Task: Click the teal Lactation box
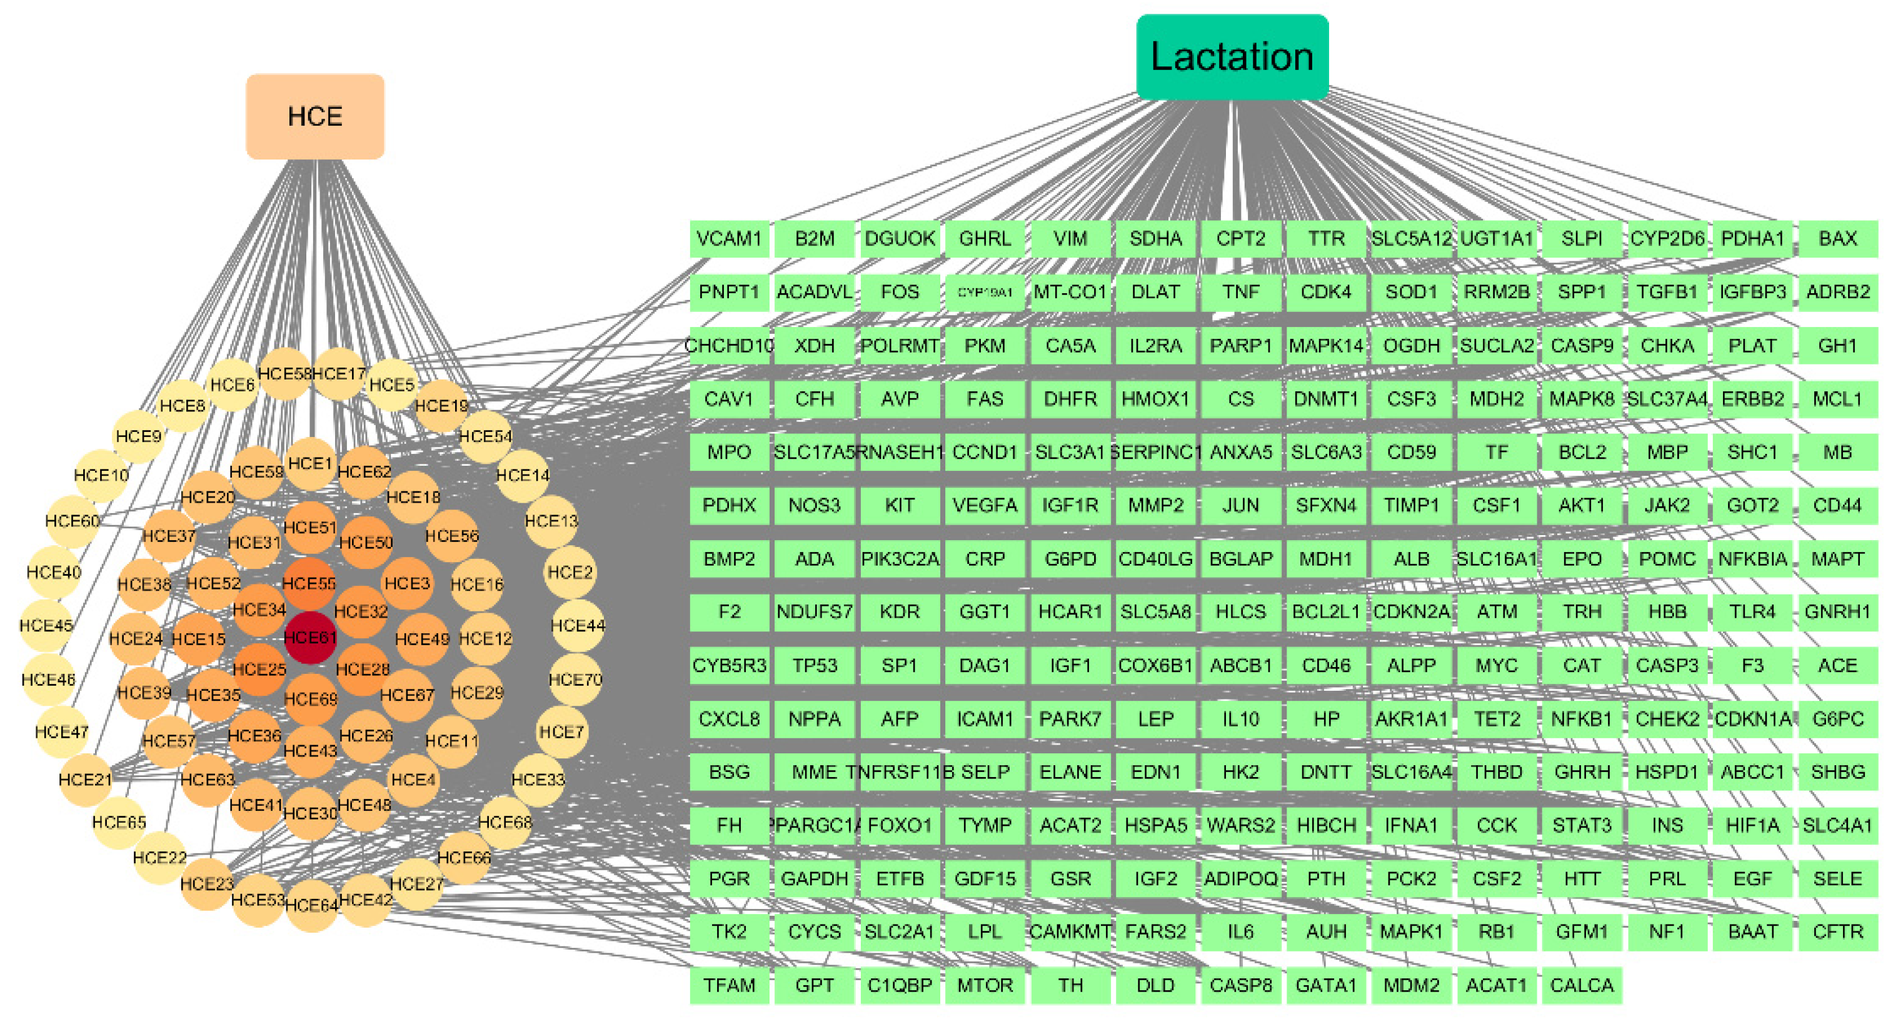pyautogui.click(x=1232, y=56)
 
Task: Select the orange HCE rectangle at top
pyautogui.click(x=314, y=116)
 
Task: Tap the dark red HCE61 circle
pyautogui.click(x=310, y=637)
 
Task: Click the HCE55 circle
pyautogui.click(x=309, y=583)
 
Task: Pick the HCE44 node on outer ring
pyautogui.click(x=578, y=625)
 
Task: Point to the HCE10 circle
pyautogui.click(x=101, y=475)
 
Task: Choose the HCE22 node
pyautogui.click(x=159, y=857)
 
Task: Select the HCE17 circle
pyautogui.click(x=339, y=374)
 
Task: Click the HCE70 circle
pyautogui.click(x=575, y=680)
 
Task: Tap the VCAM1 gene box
pyautogui.click(x=729, y=239)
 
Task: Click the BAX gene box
pyautogui.click(x=1837, y=239)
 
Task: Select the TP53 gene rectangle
pyautogui.click(x=814, y=665)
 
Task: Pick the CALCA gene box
pyautogui.click(x=1582, y=985)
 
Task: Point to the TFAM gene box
pyautogui.click(x=729, y=985)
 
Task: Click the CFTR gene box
pyautogui.click(x=1837, y=931)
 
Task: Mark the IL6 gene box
pyautogui.click(x=1240, y=931)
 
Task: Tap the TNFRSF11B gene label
pyautogui.click(x=900, y=772)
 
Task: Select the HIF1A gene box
pyautogui.click(x=1752, y=825)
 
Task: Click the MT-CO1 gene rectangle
pyautogui.click(x=1070, y=293)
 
